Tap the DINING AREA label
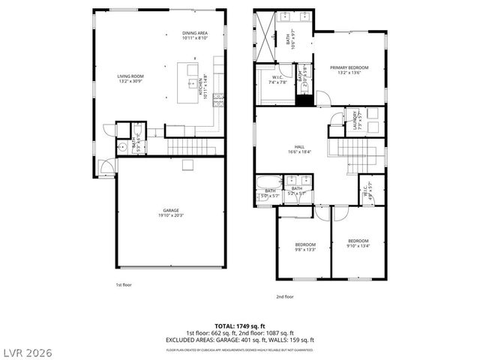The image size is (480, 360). (194, 34)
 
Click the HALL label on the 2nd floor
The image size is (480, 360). (299, 146)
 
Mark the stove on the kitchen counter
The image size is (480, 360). (218, 97)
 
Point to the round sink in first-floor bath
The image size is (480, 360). (120, 148)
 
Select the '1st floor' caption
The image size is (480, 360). (124, 286)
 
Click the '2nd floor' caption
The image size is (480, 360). (284, 296)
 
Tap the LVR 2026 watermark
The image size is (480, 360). (27, 350)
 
